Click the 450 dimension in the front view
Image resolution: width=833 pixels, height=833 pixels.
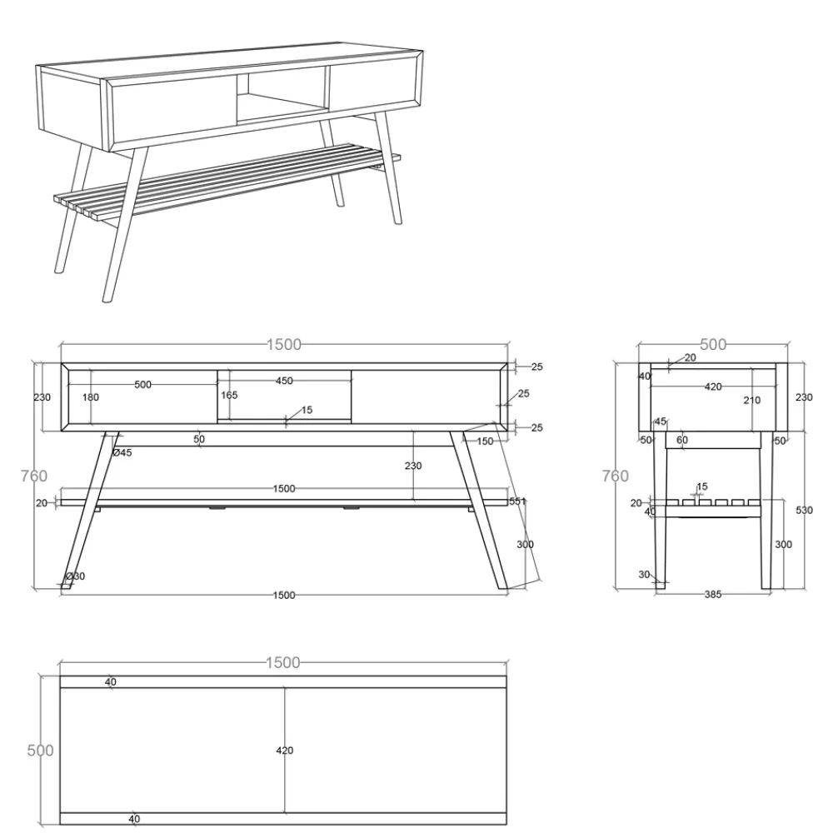(284, 381)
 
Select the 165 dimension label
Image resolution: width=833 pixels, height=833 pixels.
(229, 395)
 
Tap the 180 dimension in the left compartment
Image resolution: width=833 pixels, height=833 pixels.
(90, 397)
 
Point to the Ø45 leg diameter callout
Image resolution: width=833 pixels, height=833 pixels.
(122, 452)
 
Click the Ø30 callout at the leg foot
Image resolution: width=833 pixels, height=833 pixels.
(75, 576)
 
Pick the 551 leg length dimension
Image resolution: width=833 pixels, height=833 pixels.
(517, 501)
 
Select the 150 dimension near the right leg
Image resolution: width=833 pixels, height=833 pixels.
(485, 441)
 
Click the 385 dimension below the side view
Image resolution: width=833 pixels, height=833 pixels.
(713, 595)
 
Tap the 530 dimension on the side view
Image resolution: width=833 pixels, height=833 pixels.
(805, 510)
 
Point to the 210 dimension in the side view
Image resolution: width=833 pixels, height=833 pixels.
(751, 400)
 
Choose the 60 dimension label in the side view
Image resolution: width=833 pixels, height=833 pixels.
(682, 440)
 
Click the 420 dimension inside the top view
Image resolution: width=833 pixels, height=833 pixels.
(285, 751)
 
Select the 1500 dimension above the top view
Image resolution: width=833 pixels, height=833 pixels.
(282, 662)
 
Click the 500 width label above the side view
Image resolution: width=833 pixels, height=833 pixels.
(713, 345)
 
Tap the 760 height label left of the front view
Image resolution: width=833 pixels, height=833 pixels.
(34, 476)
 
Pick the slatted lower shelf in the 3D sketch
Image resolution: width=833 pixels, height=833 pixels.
(227, 181)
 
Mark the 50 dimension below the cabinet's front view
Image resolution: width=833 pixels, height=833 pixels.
(199, 439)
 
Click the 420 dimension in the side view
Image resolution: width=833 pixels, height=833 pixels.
(713, 387)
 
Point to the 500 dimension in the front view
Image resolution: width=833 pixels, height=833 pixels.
(143, 385)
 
